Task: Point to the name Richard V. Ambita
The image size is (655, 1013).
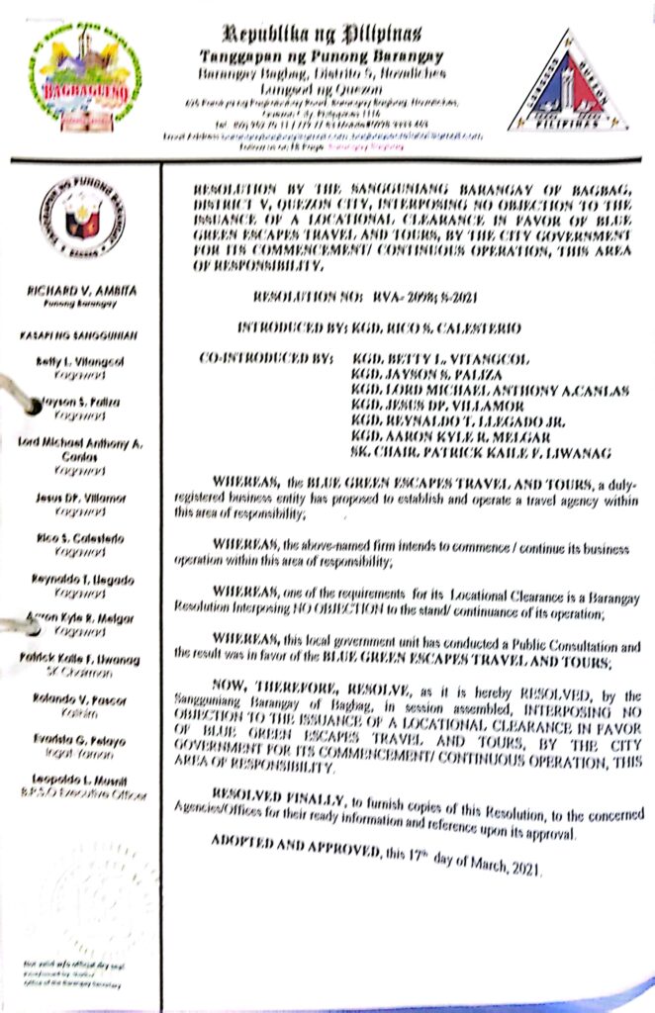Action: [83, 291]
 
